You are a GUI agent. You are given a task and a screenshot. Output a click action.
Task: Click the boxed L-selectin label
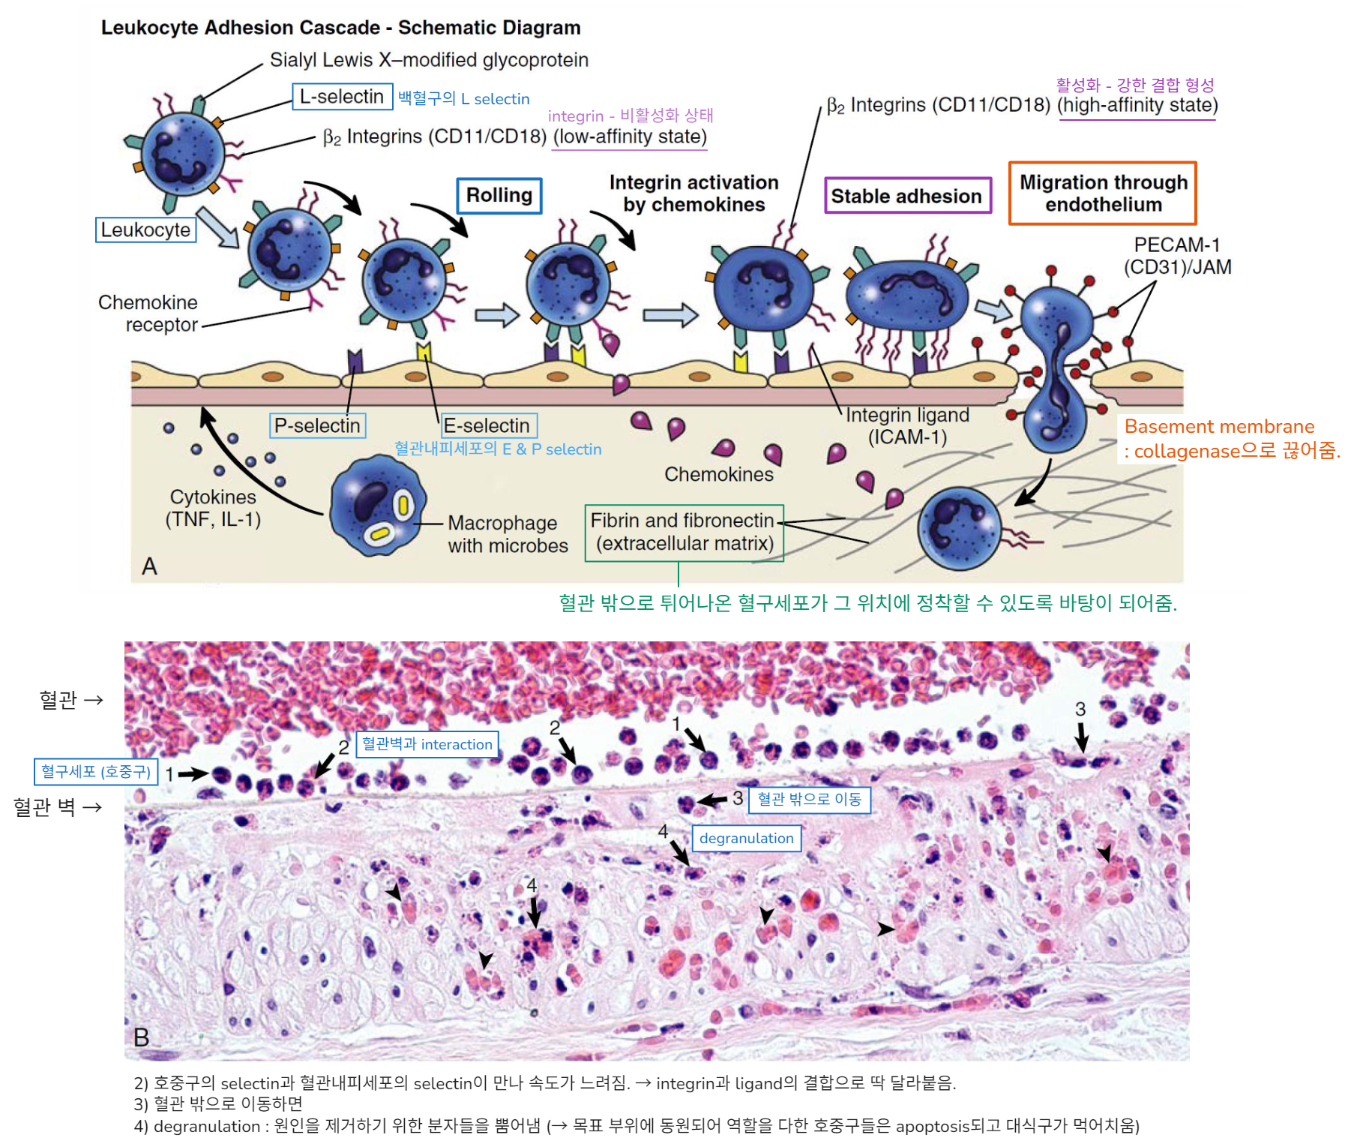pos(342,97)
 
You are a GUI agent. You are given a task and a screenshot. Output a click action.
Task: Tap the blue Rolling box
pos(499,196)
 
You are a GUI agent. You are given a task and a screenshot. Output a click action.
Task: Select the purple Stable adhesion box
pos(907,196)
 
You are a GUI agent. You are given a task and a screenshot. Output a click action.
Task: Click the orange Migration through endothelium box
pos(1103,194)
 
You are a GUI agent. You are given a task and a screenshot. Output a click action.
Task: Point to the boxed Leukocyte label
pos(145,230)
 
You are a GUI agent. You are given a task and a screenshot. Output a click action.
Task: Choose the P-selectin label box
pos(317,425)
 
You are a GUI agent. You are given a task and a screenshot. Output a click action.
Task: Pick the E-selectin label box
pos(488,425)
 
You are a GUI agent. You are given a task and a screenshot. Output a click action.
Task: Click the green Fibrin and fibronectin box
pos(683,533)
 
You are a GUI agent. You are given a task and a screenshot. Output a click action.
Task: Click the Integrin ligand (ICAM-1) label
pos(907,425)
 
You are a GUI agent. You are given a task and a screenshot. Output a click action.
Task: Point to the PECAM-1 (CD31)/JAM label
pos(1177,256)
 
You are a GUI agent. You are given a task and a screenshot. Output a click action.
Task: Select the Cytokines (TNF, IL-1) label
pos(213,508)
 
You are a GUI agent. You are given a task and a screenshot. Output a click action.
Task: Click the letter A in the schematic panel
pos(149,566)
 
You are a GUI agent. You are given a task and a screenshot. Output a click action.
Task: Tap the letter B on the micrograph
pos(141,1037)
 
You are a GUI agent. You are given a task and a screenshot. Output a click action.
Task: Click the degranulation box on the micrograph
pos(746,838)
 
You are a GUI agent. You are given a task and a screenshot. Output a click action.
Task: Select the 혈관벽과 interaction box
pos(427,744)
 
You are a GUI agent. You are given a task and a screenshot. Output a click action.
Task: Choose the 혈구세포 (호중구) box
pos(96,771)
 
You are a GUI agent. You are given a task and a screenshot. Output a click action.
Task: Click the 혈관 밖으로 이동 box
pos(809,799)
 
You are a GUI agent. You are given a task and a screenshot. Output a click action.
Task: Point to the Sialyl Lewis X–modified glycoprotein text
pos(429,60)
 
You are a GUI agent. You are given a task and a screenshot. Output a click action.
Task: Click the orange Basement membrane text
pos(1219,427)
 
